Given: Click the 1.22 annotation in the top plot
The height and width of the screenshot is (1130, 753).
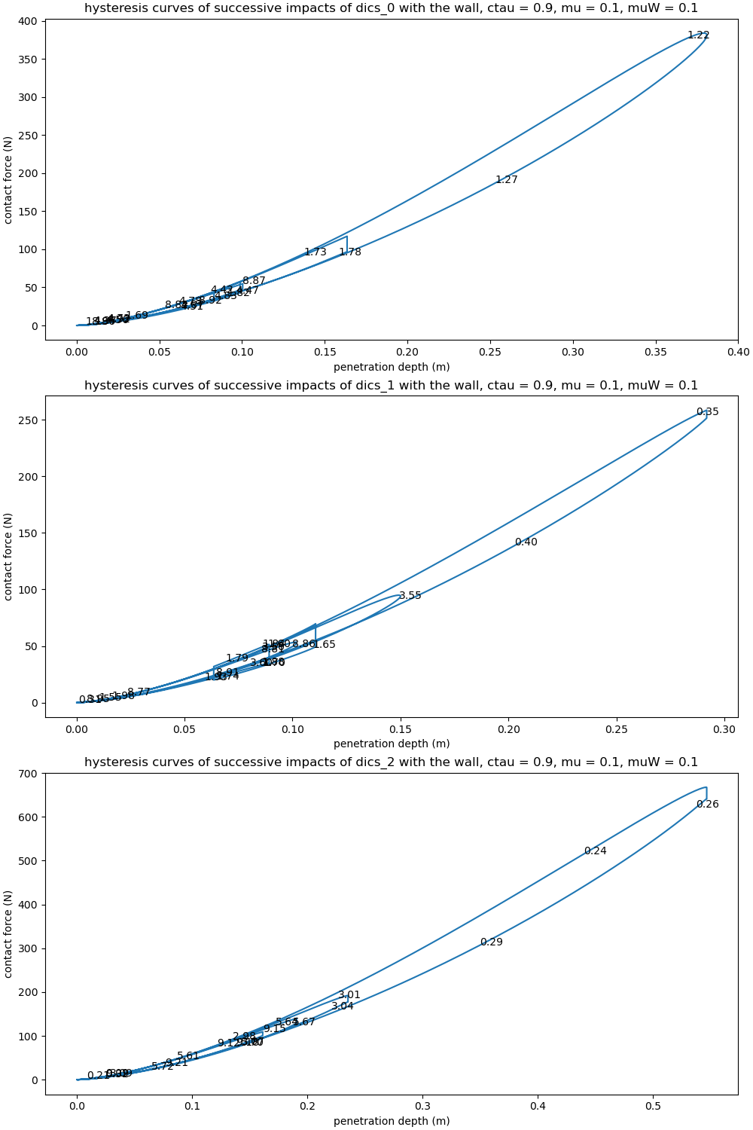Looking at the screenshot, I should pos(698,35).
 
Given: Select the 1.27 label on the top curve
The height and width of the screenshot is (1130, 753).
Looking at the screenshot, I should pos(506,180).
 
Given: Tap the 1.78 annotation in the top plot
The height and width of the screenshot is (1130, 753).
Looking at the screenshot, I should pos(349,252).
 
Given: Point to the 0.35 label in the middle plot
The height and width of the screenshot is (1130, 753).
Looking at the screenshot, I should pos(707,412).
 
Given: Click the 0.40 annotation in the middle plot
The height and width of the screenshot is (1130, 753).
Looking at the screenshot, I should pos(526,542).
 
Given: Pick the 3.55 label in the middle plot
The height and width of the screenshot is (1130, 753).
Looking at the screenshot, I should pos(410,596).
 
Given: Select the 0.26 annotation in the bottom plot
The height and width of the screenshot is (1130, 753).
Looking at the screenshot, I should pos(707,805).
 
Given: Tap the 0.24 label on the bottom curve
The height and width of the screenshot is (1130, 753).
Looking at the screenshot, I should pos(595,851).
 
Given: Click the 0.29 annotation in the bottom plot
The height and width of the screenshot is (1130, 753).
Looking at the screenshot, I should pos(491,942).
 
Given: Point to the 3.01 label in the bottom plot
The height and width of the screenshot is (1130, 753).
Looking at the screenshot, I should pos(349,995).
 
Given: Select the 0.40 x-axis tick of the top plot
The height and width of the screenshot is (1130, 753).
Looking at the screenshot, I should pos(738,352).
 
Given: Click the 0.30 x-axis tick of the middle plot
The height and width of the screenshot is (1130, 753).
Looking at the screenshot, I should pos(724,729).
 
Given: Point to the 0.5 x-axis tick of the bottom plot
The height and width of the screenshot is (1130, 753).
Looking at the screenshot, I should pos(653,1106).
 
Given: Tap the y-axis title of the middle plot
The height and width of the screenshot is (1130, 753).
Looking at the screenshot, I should pos(8,557).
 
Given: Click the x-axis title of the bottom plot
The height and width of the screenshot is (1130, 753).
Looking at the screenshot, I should pos(392,1121).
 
